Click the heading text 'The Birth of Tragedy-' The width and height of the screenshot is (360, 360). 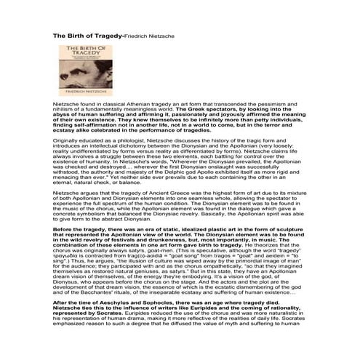[x=87, y=34]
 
